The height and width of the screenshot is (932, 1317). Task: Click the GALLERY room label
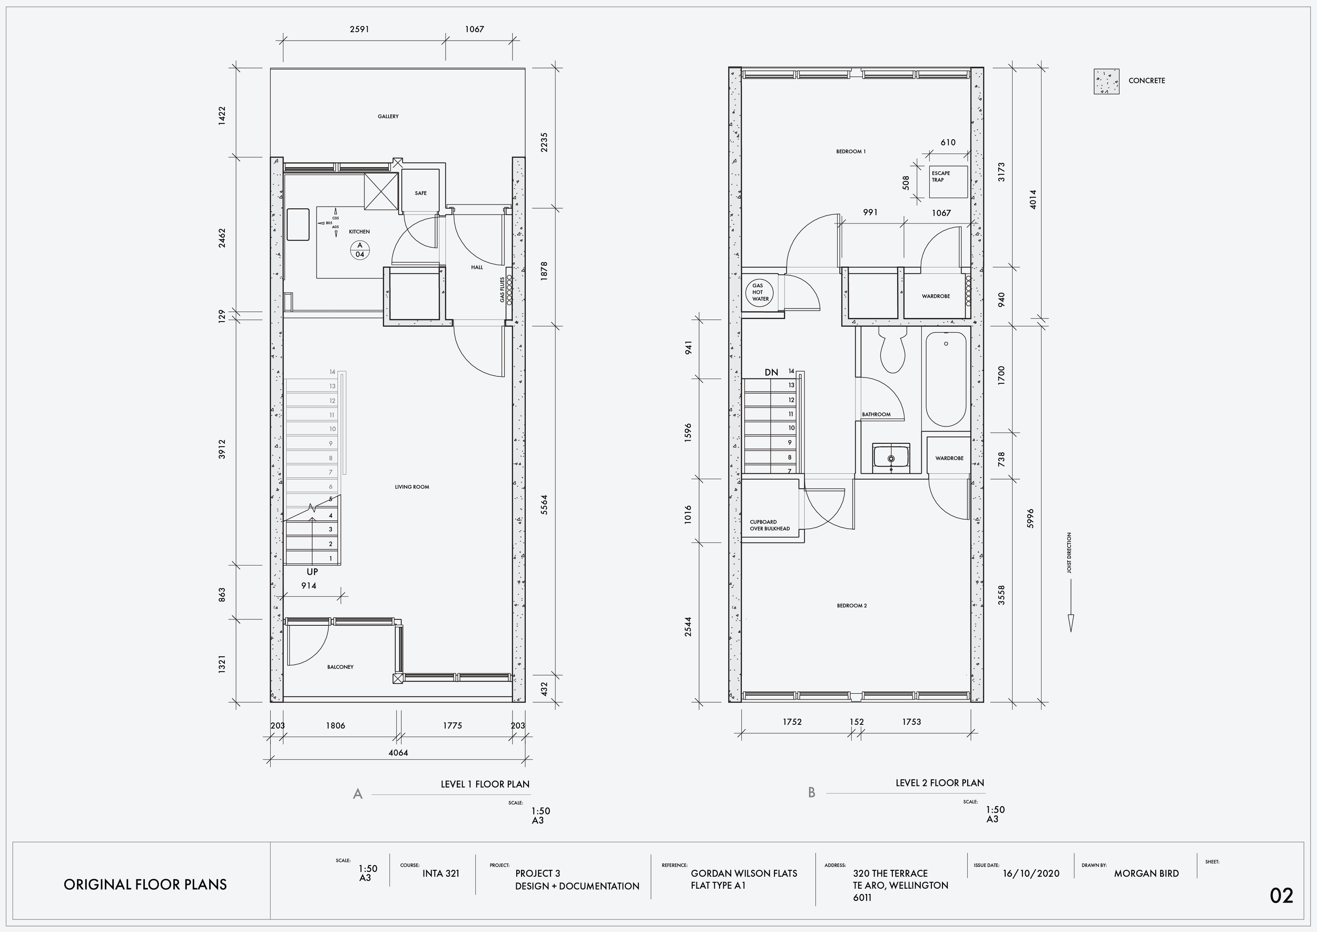(388, 116)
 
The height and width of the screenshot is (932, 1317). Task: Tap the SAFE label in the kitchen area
(420, 193)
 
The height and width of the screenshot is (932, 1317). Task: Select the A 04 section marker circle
(360, 250)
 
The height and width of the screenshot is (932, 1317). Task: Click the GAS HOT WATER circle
(761, 292)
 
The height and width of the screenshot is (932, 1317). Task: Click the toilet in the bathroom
(891, 349)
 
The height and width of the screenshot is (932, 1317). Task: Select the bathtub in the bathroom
(946, 380)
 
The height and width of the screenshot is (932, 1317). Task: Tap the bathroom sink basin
(891, 458)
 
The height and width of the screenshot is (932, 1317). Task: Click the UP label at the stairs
(312, 572)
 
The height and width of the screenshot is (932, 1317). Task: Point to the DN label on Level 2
(772, 373)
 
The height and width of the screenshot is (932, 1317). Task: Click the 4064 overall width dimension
(398, 752)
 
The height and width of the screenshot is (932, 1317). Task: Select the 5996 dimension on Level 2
(1030, 518)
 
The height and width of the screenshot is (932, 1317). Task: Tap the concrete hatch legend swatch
(1106, 82)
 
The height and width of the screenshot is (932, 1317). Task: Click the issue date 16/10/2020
(1031, 874)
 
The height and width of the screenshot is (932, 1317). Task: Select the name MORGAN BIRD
(1147, 873)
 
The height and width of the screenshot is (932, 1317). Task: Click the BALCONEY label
(340, 667)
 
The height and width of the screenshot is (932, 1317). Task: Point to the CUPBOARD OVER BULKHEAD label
(770, 525)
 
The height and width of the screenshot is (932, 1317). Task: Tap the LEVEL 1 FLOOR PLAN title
(485, 784)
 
